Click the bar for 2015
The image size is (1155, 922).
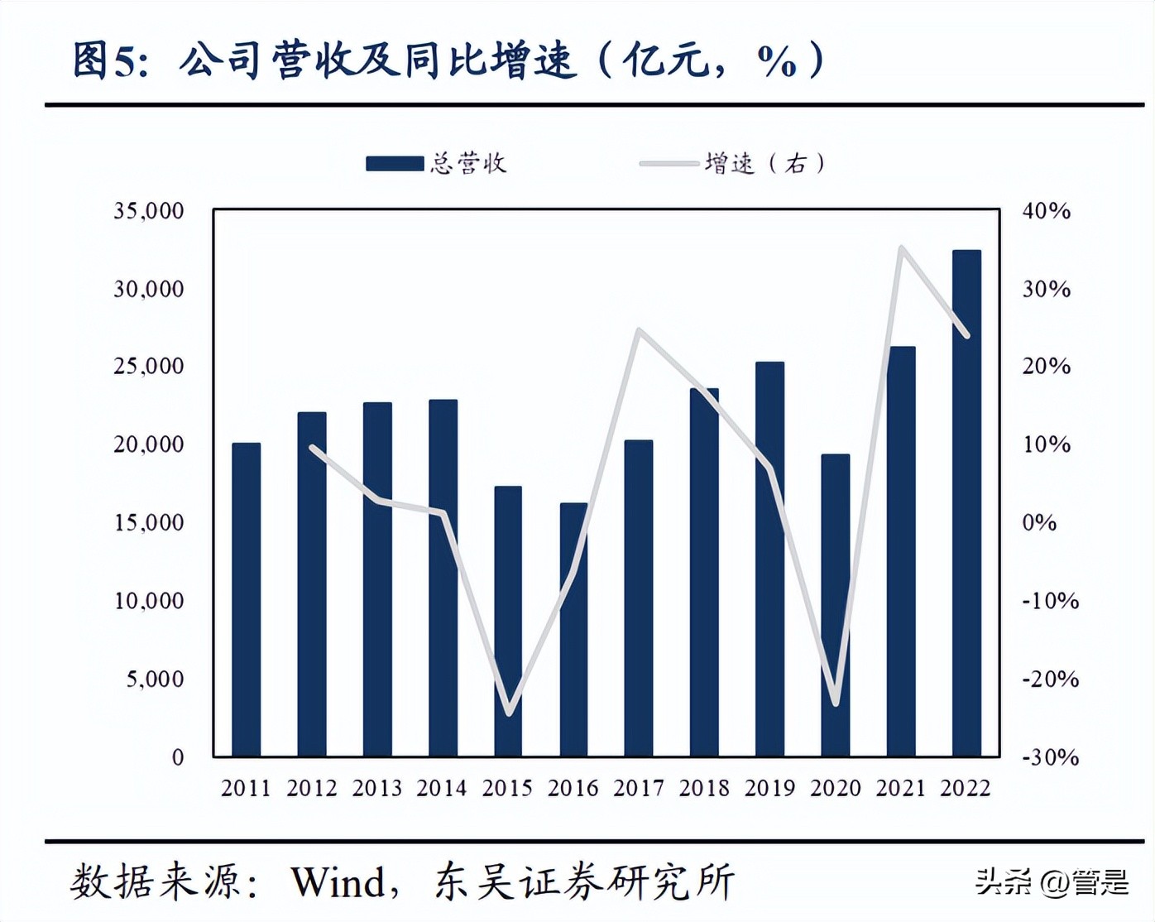(508, 621)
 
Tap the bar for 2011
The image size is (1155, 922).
(246, 599)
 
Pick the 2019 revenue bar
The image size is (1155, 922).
(769, 559)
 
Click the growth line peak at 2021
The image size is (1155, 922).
(901, 247)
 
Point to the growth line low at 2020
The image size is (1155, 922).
(836, 704)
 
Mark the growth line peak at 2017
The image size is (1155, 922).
(639, 330)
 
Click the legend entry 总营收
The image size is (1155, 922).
(436, 163)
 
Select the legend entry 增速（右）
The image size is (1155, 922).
(732, 163)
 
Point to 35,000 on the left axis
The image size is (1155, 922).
(149, 211)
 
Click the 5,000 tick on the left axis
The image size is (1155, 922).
(155, 679)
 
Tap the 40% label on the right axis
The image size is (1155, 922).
(1046, 211)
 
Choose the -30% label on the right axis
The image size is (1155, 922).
(1049, 757)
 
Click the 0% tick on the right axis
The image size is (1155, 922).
(1039, 523)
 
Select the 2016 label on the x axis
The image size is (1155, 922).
(573, 788)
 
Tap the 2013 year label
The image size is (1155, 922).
(376, 788)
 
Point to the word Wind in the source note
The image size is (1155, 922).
(338, 882)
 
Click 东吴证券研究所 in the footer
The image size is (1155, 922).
(584, 882)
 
